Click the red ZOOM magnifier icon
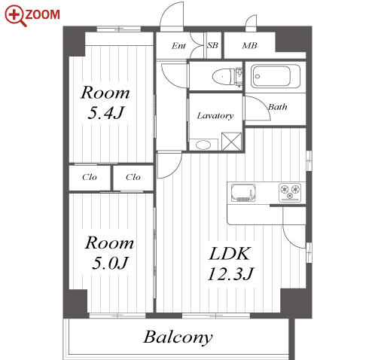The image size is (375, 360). (x=16, y=16)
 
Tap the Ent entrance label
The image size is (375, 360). (x=178, y=46)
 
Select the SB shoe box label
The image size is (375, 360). (x=213, y=45)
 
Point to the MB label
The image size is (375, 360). (x=249, y=45)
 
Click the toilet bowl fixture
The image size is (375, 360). (x=222, y=76)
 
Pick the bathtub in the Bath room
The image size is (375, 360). (x=276, y=76)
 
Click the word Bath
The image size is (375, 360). (x=278, y=107)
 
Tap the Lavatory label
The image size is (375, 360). (x=215, y=116)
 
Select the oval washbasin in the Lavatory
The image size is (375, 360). (x=203, y=145)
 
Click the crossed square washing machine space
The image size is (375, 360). (x=232, y=142)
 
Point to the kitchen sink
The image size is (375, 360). (x=243, y=193)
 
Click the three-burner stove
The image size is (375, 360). (x=290, y=193)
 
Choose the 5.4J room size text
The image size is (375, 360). (x=106, y=113)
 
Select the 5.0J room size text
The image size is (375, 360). (x=110, y=263)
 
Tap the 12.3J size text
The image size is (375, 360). (x=231, y=273)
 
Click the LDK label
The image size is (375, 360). (x=230, y=254)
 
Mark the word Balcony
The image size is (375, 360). (x=178, y=337)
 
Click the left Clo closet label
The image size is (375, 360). (x=90, y=177)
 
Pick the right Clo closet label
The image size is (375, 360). (x=133, y=177)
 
